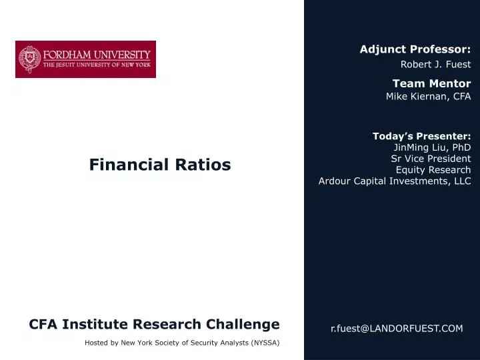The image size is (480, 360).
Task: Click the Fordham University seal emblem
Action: pos(29,59)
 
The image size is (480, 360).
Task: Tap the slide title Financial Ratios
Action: pos(160,165)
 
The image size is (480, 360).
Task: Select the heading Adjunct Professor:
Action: pos(415,49)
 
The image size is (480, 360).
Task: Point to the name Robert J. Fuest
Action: pos(435,65)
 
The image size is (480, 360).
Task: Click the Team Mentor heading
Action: pos(431,83)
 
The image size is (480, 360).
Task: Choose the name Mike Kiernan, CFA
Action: pos(428,96)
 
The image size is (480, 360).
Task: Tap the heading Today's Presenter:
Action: pos(421,136)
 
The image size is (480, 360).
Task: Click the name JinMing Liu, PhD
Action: pos(432,147)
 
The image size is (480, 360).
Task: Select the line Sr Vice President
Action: pos(431,159)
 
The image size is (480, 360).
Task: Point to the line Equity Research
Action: pos(433,169)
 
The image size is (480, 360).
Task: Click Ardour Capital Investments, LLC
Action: pos(395,181)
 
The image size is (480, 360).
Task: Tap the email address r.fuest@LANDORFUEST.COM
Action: pos(397,329)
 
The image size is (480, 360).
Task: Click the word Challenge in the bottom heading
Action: pos(241,325)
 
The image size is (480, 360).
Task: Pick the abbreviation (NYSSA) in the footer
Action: pos(265,343)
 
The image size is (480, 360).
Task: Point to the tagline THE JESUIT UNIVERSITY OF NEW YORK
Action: pos(97,66)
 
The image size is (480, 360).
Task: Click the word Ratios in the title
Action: pos(205,165)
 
